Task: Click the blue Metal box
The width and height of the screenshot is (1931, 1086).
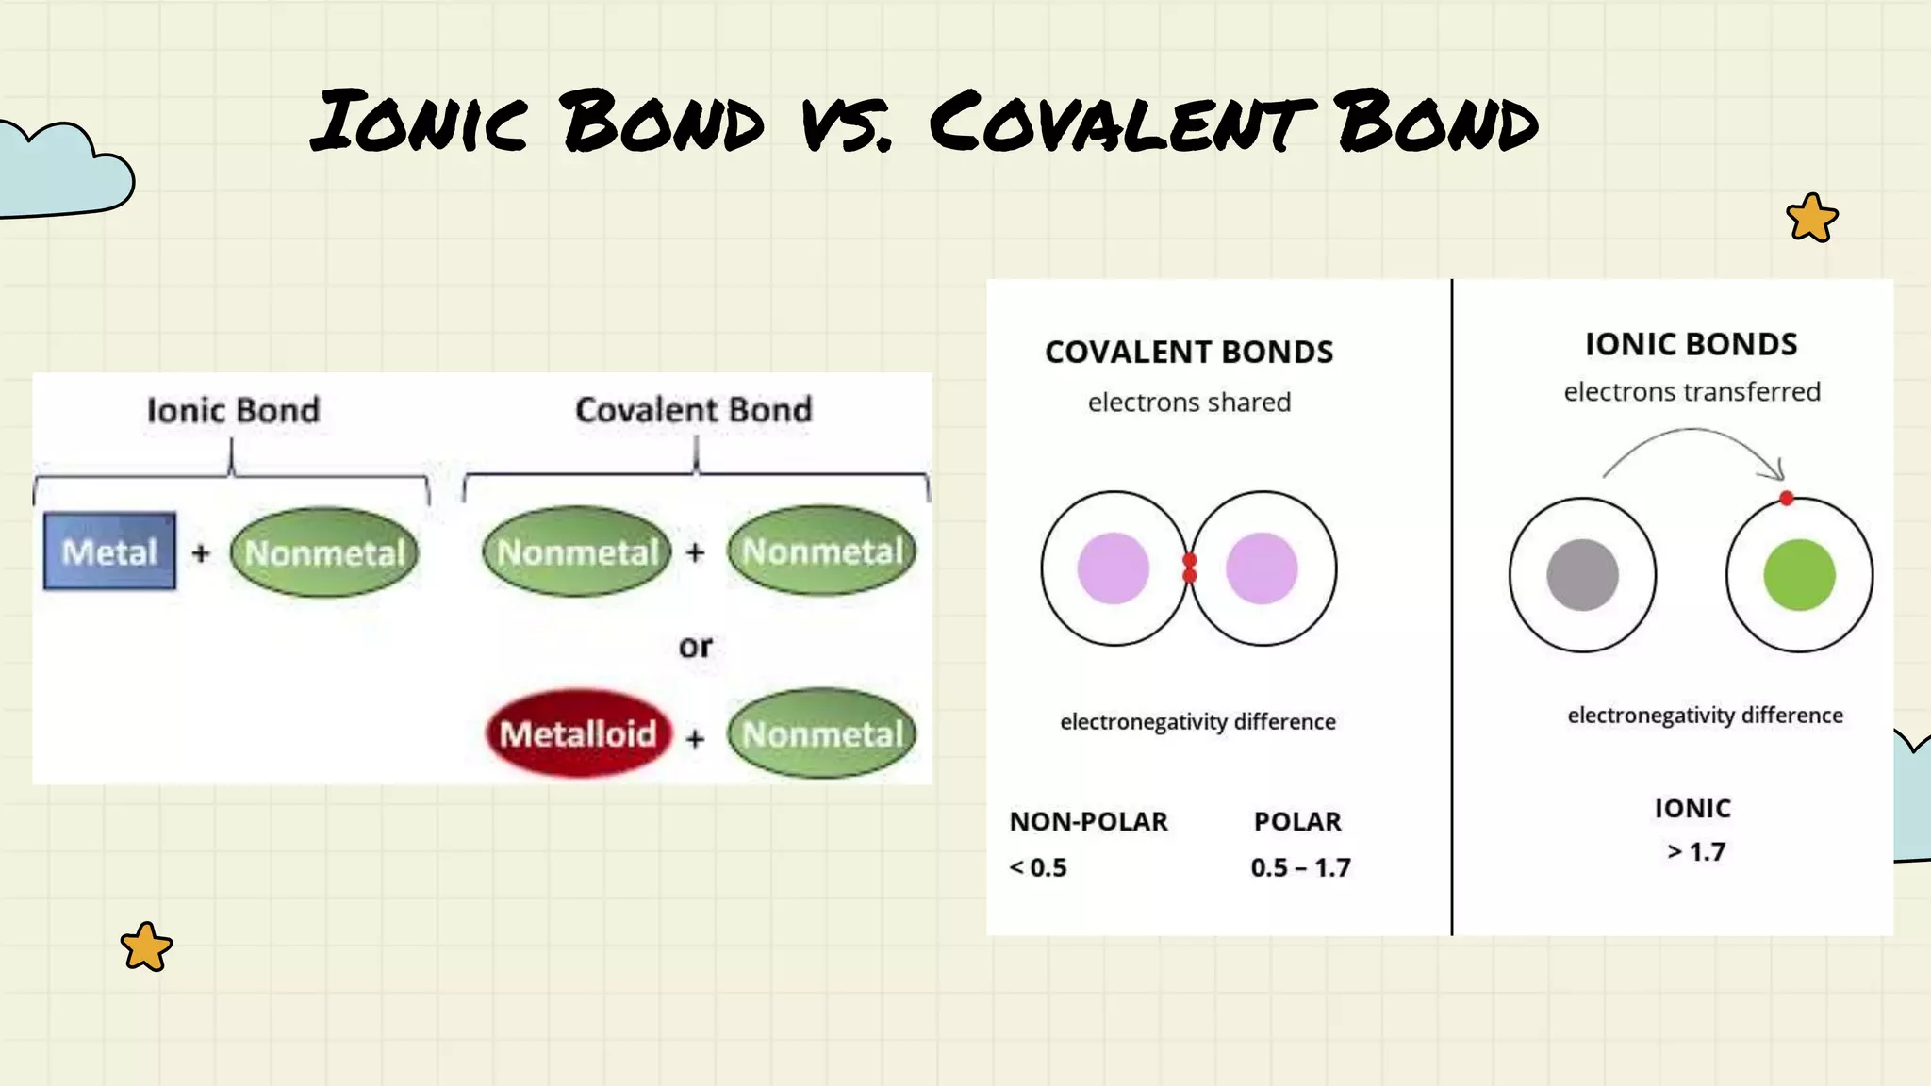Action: (109, 551)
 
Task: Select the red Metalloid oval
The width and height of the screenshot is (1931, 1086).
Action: (578, 733)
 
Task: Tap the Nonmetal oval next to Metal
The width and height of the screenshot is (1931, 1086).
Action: (324, 552)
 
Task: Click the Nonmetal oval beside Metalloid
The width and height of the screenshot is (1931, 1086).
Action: (822, 733)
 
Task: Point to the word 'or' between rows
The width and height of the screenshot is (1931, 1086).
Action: (695, 647)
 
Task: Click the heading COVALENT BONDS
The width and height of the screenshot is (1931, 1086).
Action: (1189, 352)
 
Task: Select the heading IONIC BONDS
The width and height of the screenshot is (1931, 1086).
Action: (1691, 344)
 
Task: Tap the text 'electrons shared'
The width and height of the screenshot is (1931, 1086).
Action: (1189, 403)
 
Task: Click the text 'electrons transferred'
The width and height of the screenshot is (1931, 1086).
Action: (1692, 392)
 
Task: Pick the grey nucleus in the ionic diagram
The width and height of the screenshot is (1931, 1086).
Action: (1582, 575)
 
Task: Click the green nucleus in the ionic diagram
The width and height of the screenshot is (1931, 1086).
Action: (1799, 575)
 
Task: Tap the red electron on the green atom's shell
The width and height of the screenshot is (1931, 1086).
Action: (1786, 499)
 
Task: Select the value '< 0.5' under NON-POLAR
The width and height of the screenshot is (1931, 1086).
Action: (1038, 867)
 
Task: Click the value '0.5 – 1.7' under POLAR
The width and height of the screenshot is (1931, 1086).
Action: (1300, 867)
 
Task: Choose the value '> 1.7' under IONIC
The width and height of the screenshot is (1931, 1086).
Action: (1696, 852)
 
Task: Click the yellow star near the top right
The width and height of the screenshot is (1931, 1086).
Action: (1811, 219)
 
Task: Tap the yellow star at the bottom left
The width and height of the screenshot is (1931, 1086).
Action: (146, 946)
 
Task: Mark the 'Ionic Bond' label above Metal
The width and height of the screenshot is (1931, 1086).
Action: (233, 410)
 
